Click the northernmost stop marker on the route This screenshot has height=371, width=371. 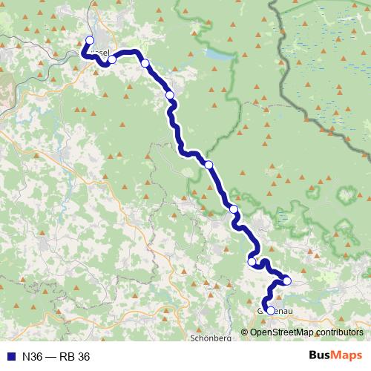pos(90,41)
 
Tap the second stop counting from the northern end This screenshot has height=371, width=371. pos(112,59)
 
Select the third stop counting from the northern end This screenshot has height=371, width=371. pos(145,63)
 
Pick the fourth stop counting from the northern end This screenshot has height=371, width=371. pos(170,95)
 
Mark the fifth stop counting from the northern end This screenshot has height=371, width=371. pos(209,164)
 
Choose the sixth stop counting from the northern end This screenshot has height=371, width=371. pos(234,209)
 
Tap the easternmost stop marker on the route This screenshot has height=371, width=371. pos(286,280)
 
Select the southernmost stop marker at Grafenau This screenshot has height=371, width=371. pos(270,311)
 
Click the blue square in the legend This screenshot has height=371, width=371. pos(10,357)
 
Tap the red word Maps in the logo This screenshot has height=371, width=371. pos(347,356)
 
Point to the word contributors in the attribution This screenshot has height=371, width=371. pos(341,332)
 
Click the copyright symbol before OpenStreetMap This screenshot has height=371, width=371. pos(245,332)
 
